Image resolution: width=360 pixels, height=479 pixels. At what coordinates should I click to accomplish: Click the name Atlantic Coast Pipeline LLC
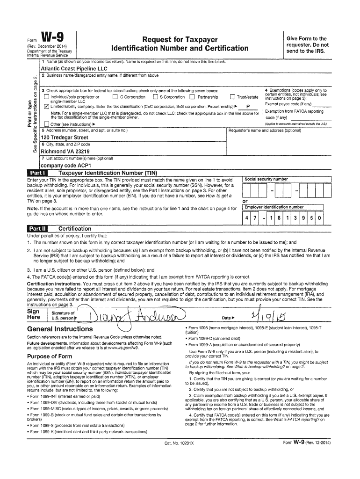coord(71,68)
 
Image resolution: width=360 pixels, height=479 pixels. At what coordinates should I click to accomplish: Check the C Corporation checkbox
coord(115,97)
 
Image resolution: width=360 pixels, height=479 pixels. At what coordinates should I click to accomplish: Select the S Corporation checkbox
coord(155,97)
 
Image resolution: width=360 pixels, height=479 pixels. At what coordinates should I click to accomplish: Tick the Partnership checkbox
coord(192,97)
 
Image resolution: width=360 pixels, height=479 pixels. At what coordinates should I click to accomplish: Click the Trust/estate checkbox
coord(232,97)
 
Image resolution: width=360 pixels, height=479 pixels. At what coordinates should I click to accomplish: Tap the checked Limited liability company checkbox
coord(46,106)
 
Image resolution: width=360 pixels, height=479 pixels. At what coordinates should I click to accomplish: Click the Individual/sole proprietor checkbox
coord(46,97)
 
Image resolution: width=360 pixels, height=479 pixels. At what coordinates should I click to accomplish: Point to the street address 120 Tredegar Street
coord(65,138)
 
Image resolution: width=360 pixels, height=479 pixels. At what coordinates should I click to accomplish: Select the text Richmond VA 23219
coord(65,152)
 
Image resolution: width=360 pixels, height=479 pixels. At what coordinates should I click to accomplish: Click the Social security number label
coord(266,179)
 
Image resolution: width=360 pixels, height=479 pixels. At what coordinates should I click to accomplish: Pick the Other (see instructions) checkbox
coord(46,124)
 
